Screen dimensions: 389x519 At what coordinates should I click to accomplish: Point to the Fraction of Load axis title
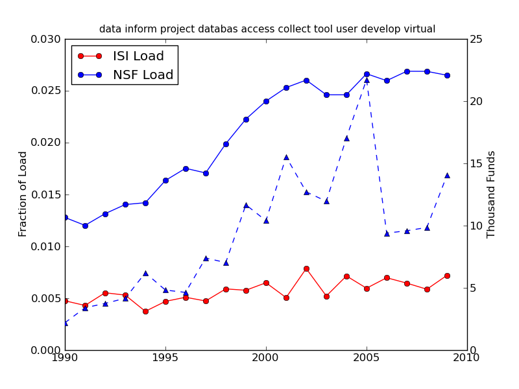pos(23,194)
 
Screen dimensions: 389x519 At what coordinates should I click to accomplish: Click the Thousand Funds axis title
pos(491,194)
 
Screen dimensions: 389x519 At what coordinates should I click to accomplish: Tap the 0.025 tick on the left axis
pos(47,91)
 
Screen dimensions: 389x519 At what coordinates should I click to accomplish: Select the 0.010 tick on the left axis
pos(47,246)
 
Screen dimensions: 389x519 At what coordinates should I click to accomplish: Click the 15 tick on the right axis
pos(478,163)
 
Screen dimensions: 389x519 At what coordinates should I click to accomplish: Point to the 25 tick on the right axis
pos(478,39)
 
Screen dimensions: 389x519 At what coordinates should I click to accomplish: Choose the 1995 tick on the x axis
pos(165,358)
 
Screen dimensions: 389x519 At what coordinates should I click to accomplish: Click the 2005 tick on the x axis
pos(367,358)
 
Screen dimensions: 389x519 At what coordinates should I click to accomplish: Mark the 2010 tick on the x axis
pos(467,358)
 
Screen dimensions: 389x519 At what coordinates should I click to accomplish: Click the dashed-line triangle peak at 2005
pos(367,80)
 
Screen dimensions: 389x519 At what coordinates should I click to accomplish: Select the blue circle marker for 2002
pos(306,80)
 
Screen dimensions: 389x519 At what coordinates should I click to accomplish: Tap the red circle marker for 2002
pos(306,268)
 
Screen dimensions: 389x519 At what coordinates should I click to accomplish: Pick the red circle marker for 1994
pos(145,311)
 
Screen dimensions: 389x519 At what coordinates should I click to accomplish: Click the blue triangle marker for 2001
pos(286,157)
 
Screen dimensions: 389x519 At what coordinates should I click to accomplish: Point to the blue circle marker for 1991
pos(85,226)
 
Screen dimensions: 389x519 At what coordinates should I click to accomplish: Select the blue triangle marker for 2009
pos(447,175)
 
